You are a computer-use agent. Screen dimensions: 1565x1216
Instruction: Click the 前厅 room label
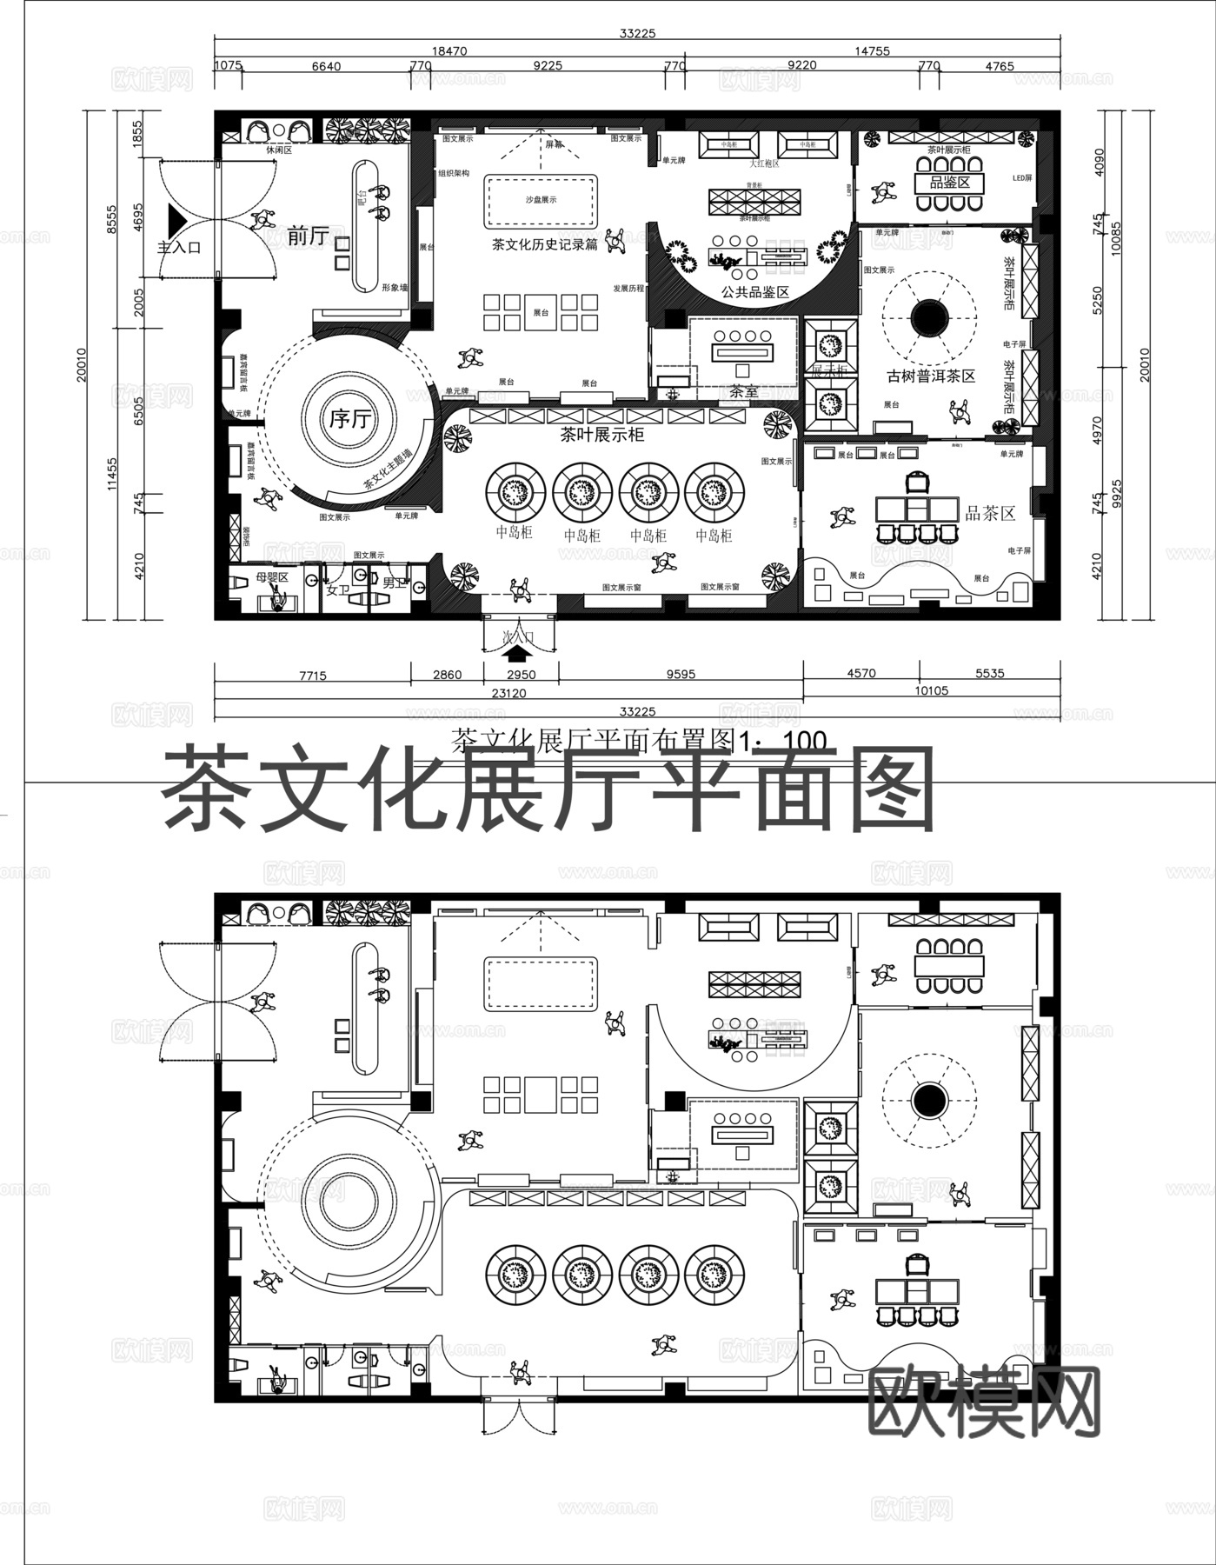click(x=308, y=236)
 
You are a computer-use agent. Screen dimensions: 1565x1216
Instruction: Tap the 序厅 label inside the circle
click(x=349, y=420)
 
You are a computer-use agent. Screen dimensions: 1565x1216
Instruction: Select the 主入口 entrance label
click(x=179, y=248)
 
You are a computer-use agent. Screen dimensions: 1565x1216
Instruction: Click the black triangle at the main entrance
click(x=176, y=217)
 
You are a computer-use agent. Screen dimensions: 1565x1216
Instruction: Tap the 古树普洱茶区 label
click(x=931, y=376)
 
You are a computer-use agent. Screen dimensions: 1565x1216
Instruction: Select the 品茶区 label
click(x=990, y=513)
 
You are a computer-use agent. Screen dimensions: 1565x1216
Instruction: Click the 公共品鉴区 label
click(x=755, y=292)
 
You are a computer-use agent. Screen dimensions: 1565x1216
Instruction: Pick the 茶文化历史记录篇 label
click(x=545, y=245)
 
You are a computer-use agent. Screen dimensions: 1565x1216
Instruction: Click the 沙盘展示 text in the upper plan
click(x=541, y=200)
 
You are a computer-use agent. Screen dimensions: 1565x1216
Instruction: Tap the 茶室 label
click(x=744, y=392)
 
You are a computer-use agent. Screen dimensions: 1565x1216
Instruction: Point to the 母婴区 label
click(x=272, y=577)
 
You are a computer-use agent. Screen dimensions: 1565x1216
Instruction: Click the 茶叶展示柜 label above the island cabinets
click(x=602, y=435)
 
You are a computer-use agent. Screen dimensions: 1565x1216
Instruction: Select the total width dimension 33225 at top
click(x=637, y=34)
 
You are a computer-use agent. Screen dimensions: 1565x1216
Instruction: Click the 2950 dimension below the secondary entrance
click(x=522, y=675)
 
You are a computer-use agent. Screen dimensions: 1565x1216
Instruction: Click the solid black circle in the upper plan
click(x=929, y=316)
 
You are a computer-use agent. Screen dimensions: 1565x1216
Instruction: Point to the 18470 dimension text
click(x=449, y=51)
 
